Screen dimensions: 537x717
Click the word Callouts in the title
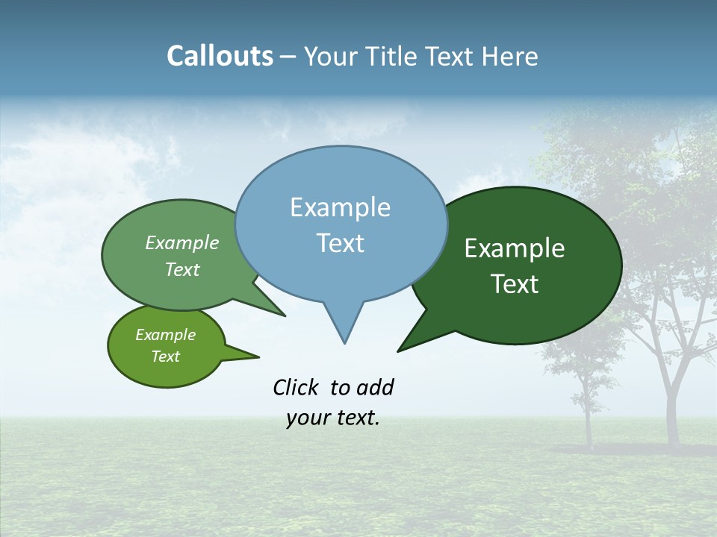click(x=220, y=56)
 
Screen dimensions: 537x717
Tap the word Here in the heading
click(x=511, y=56)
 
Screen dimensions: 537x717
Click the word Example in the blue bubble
click(x=340, y=207)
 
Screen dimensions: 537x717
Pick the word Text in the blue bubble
click(x=340, y=243)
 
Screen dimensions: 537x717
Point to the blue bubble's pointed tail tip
click(x=344, y=342)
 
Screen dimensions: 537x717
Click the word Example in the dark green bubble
click(x=515, y=248)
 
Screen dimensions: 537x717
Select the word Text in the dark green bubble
click(x=515, y=284)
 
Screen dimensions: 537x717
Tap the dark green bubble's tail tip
click(x=399, y=351)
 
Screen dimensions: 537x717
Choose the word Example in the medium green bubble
click(x=182, y=243)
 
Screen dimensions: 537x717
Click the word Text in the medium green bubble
click(x=182, y=270)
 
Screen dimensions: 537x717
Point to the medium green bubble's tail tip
click(x=285, y=315)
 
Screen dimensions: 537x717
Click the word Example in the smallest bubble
click(x=165, y=335)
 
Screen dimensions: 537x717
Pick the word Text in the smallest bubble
click(x=165, y=357)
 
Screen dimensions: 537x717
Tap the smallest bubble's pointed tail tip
click(x=258, y=357)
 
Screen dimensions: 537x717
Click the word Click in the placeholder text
click(x=297, y=387)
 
